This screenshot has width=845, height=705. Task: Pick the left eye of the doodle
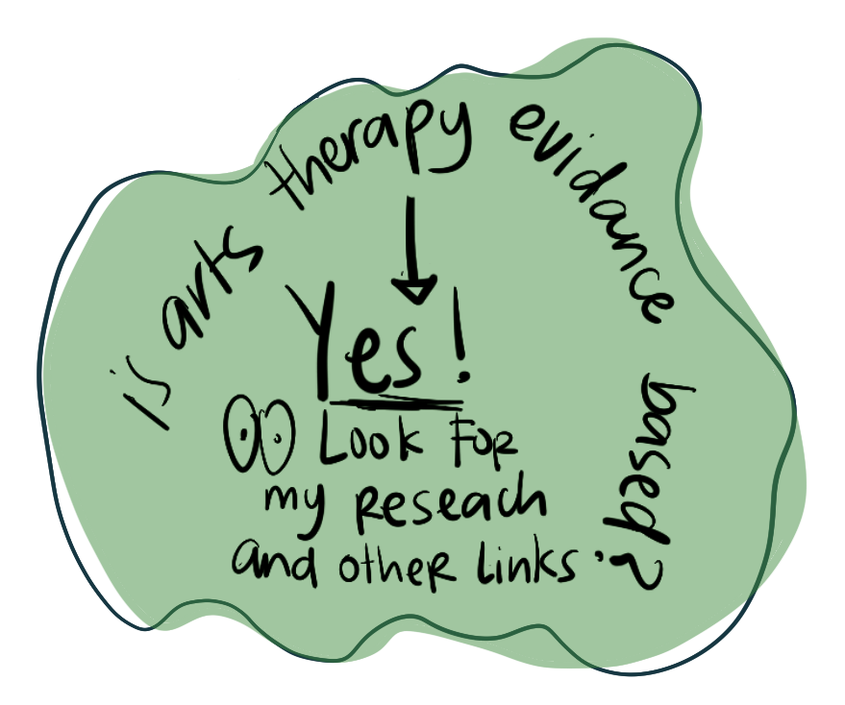pyautogui.click(x=242, y=437)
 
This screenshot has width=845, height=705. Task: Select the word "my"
pyautogui.click(x=298, y=503)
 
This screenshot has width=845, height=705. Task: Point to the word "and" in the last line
pyautogui.click(x=271, y=561)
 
